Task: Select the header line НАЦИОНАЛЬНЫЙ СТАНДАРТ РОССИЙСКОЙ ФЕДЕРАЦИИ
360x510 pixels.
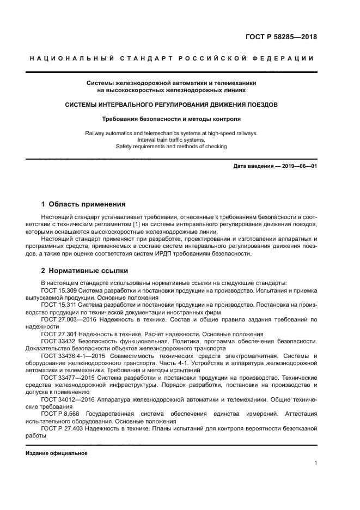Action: coord(172,58)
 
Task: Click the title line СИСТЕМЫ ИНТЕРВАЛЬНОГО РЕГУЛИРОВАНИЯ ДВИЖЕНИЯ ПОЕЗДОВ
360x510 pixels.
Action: coord(172,104)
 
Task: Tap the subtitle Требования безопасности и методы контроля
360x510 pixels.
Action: coord(172,118)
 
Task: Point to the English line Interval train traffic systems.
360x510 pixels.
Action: coord(172,139)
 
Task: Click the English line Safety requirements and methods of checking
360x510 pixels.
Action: coord(172,146)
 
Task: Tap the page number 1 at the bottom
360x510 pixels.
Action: coord(315,463)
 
